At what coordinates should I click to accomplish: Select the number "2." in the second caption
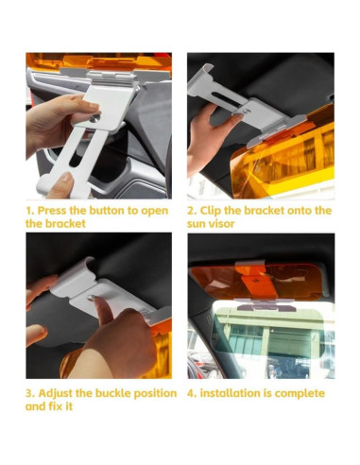(x=192, y=210)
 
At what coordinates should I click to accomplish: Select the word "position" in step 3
(x=152, y=392)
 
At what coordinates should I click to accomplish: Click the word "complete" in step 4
(x=300, y=392)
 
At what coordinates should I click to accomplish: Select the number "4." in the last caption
(x=192, y=392)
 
